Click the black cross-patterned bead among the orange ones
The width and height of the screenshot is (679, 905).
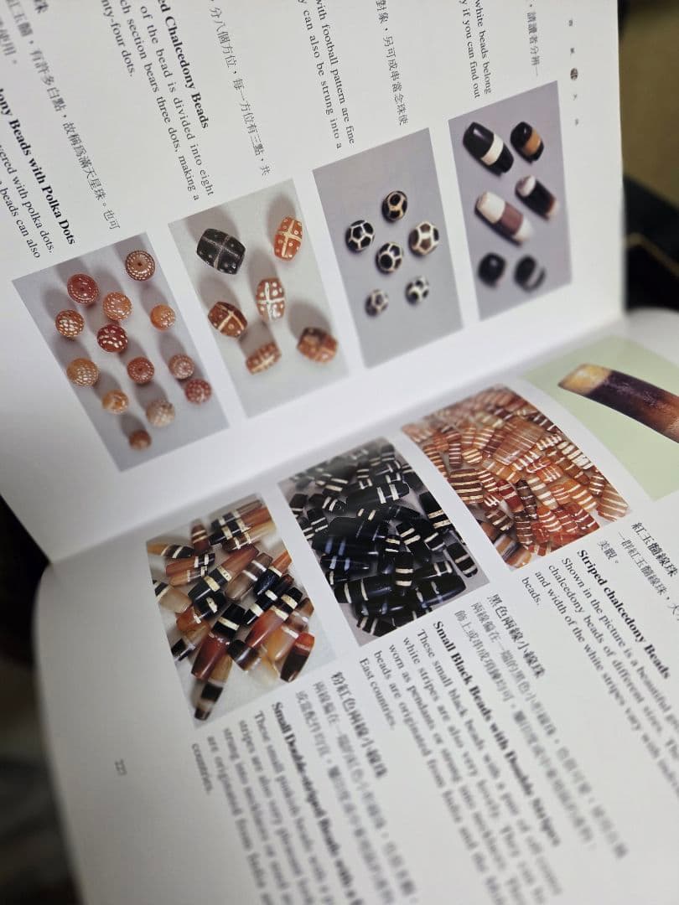220,251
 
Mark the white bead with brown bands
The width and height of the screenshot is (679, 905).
503,216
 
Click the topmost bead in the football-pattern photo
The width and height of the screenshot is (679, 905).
395,205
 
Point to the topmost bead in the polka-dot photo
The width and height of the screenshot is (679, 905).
139,265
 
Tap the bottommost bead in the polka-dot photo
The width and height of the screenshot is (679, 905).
139,439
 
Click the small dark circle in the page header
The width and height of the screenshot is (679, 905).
574,74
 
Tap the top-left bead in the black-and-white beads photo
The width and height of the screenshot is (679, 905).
487,147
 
